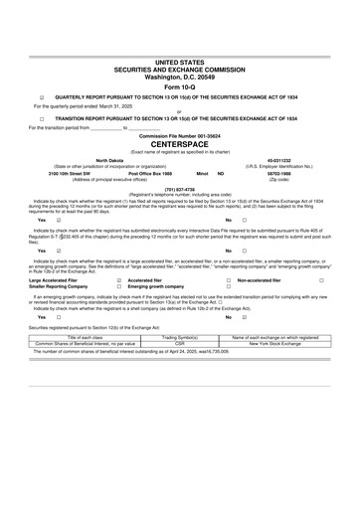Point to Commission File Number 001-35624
pyautogui.click(x=180, y=133)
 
